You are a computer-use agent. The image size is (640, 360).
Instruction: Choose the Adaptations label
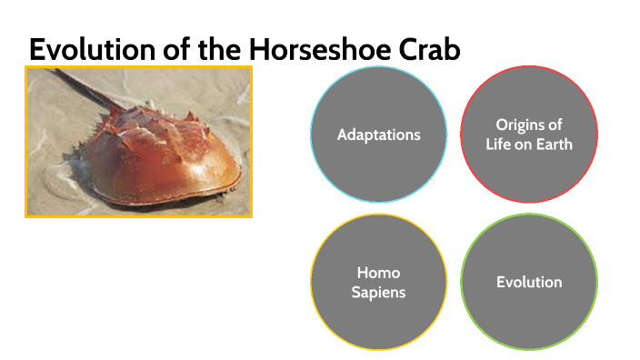tap(378, 135)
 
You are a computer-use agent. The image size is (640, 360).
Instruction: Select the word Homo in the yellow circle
tap(378, 273)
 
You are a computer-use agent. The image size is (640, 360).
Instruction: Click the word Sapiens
tap(378, 292)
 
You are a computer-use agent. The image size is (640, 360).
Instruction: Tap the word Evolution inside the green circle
tap(529, 282)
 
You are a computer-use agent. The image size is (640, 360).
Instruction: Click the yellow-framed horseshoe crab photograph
tap(138, 142)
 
